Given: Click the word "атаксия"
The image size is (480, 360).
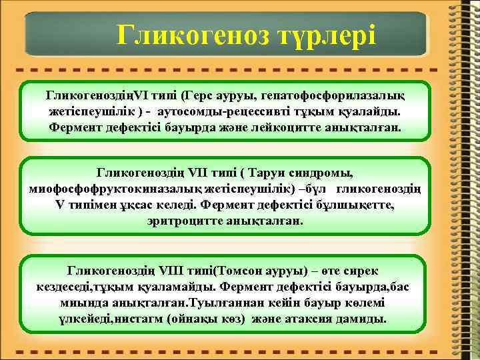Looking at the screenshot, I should [x=318, y=317].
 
